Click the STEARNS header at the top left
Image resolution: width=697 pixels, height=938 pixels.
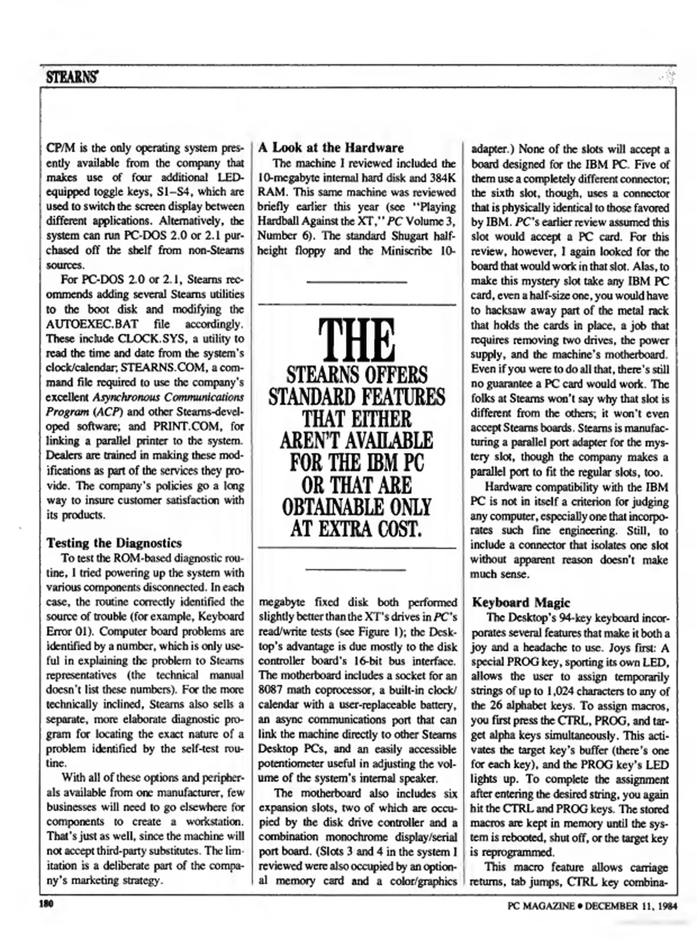pyautogui.click(x=72, y=78)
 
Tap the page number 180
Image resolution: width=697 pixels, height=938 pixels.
pyautogui.click(x=46, y=905)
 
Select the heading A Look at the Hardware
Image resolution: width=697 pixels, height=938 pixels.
pyautogui.click(x=331, y=148)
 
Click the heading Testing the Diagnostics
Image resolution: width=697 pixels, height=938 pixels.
pyautogui.click(x=114, y=543)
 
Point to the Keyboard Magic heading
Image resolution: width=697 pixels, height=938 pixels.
pyautogui.click(x=521, y=602)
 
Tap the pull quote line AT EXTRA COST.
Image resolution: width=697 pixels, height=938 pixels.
pyautogui.click(x=357, y=529)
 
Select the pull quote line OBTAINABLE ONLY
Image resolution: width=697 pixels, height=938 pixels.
pyautogui.click(x=357, y=507)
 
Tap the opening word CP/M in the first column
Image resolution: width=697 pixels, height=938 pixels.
pyautogui.click(x=58, y=148)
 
